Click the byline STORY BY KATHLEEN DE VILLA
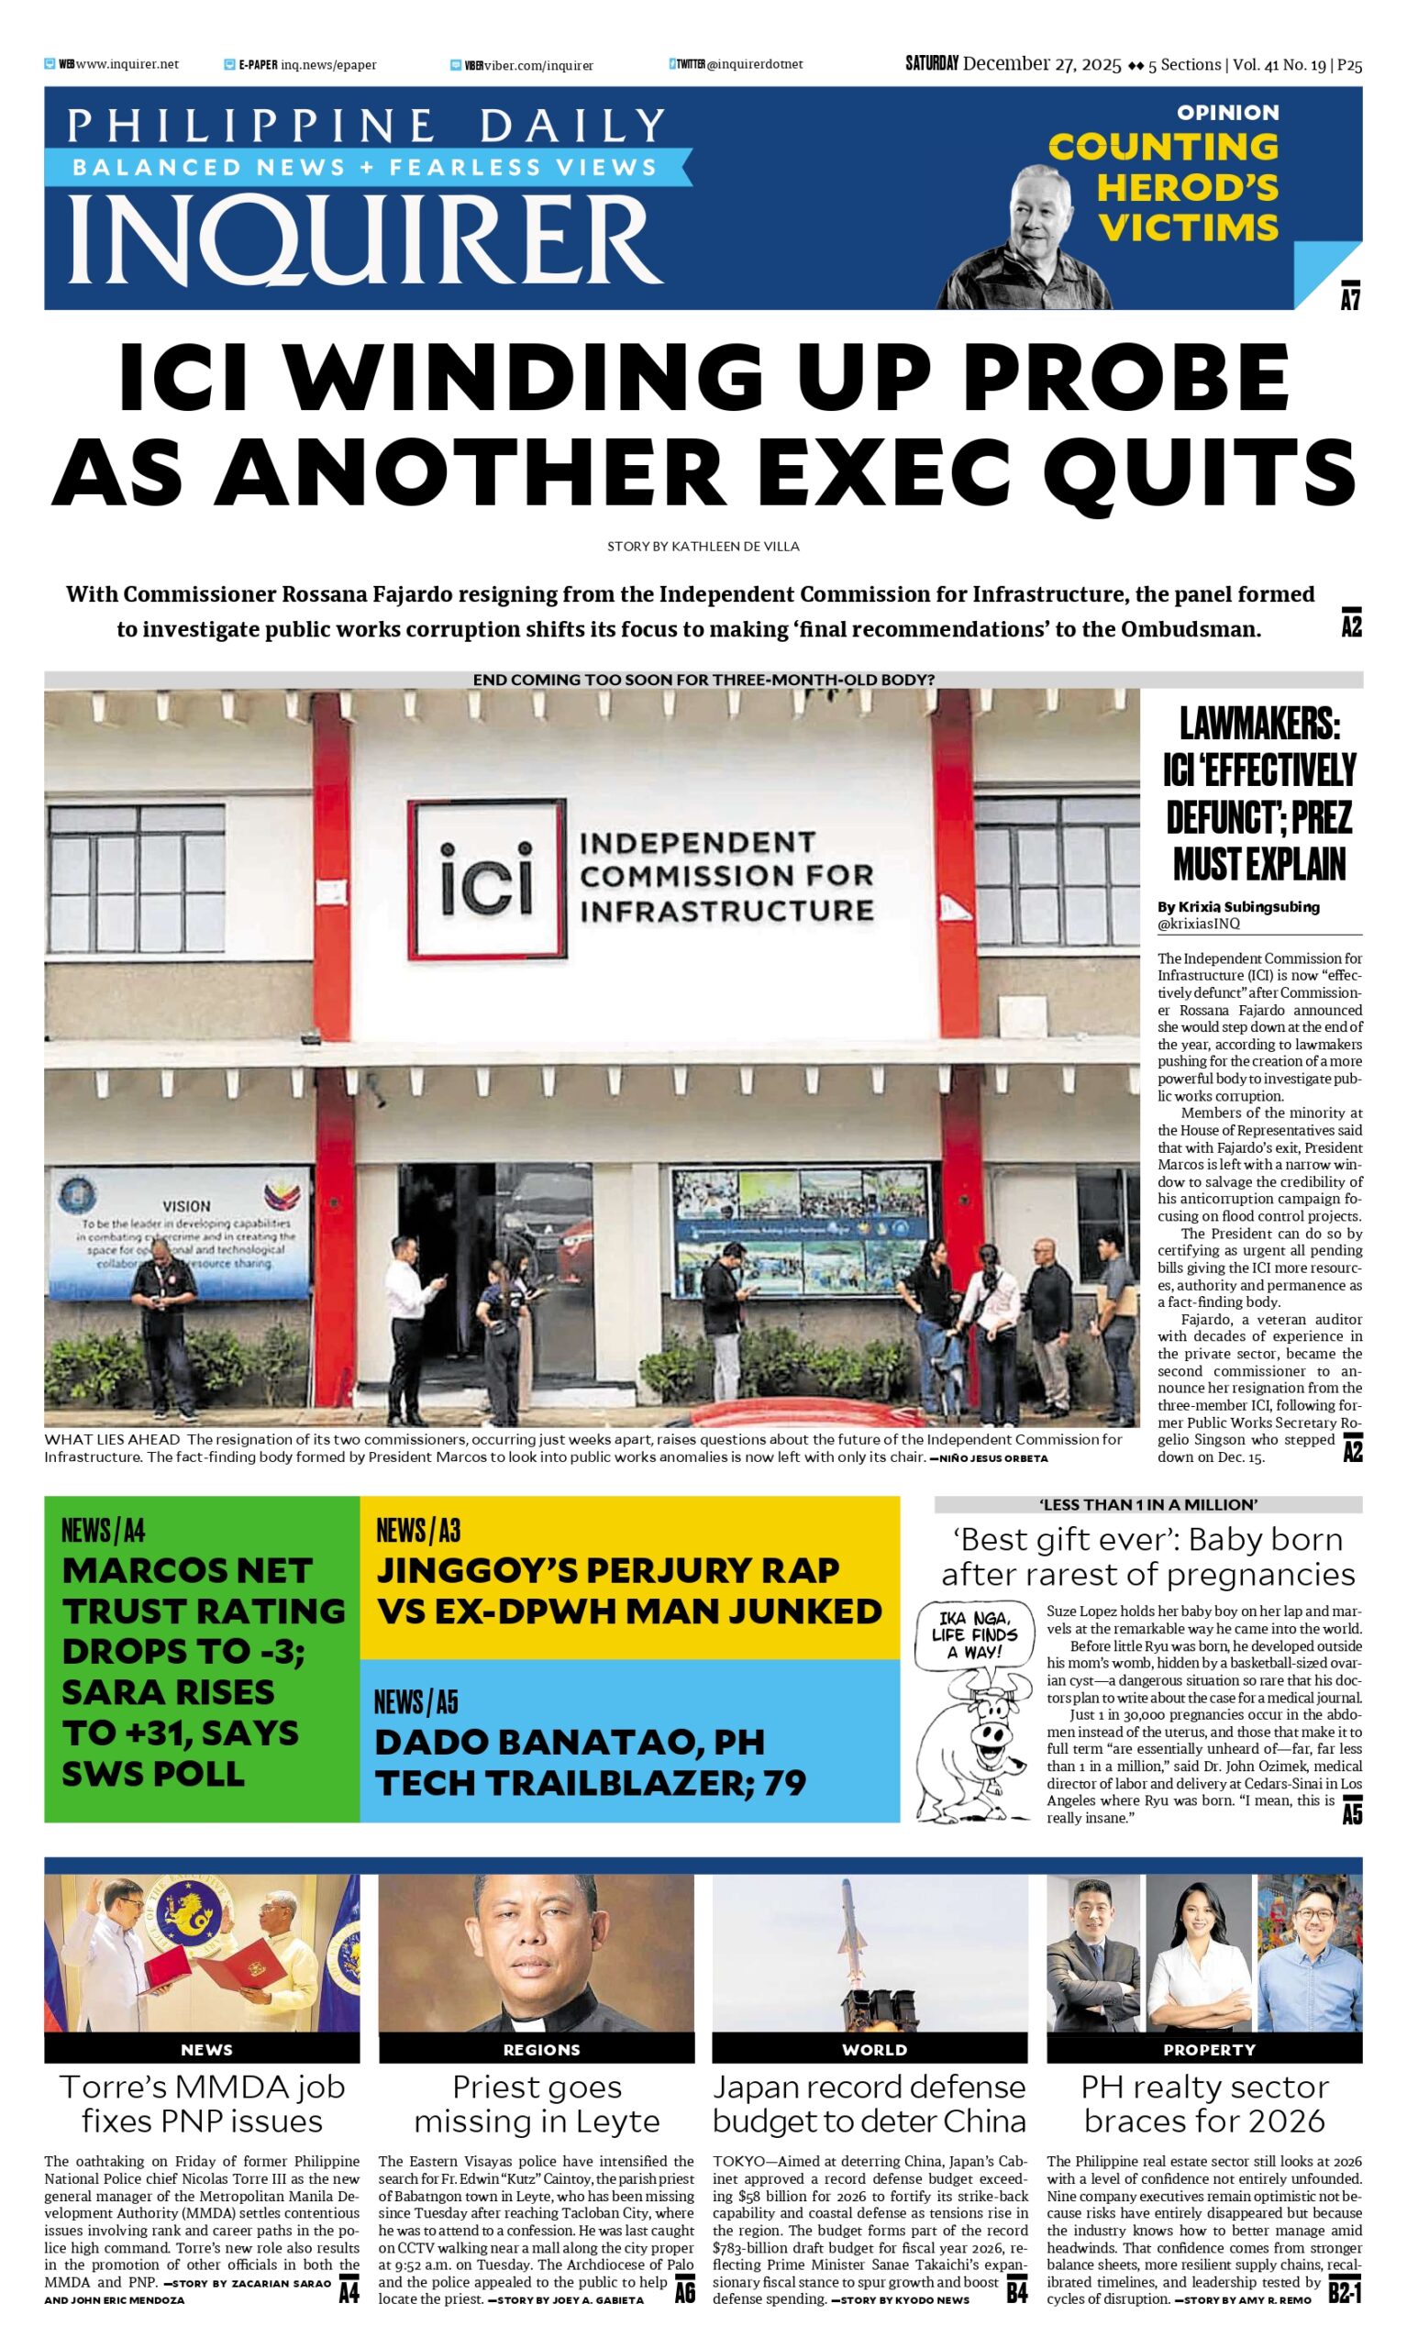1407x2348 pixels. pos(703,546)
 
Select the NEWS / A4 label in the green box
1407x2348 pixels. pos(104,1530)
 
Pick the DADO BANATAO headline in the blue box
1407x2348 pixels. pos(569,1763)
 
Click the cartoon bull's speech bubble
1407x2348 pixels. pos(966,1635)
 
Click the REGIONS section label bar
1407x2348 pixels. pos(540,2049)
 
